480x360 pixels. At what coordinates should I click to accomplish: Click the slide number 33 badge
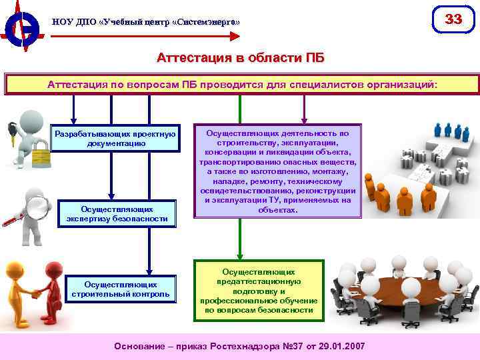453,19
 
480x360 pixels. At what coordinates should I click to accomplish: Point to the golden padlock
40,157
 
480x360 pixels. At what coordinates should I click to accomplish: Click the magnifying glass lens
39,208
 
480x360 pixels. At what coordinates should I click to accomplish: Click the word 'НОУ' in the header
62,22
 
